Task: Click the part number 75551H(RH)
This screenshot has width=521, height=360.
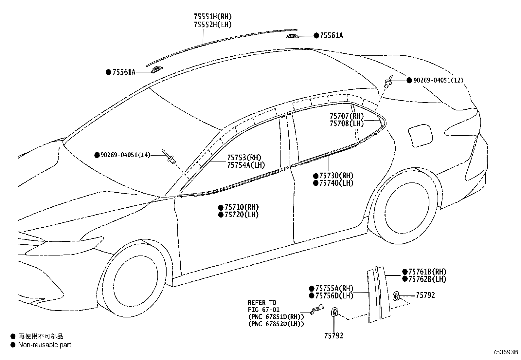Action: click(213, 17)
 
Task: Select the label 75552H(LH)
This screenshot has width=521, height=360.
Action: click(213, 25)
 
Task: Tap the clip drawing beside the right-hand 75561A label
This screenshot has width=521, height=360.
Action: click(292, 36)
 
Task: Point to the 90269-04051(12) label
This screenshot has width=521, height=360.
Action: click(438, 80)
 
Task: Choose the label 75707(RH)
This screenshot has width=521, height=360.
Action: click(347, 116)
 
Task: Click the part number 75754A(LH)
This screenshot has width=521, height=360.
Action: click(246, 165)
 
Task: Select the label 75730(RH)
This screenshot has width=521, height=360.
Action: click(336, 176)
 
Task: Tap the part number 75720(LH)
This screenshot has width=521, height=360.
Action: click(242, 215)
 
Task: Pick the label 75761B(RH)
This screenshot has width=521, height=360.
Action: click(427, 272)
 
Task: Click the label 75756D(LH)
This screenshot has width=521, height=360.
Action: click(334, 296)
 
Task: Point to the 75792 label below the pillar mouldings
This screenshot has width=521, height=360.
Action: click(334, 336)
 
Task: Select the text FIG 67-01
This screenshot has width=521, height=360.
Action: click(263, 310)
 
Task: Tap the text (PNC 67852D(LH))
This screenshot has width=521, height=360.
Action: click(276, 324)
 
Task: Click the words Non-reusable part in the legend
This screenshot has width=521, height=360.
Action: click(45, 345)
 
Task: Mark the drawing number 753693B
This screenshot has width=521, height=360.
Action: click(505, 352)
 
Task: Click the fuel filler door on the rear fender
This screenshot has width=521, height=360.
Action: click(421, 136)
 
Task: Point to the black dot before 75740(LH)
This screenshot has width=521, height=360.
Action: click(315, 183)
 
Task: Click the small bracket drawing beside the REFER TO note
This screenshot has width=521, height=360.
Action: click(317, 309)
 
